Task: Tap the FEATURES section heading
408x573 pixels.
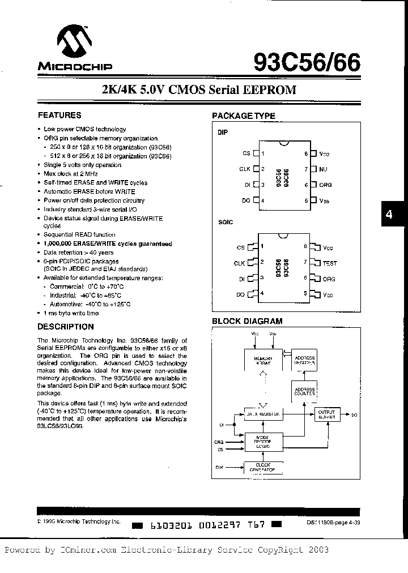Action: click(x=59, y=115)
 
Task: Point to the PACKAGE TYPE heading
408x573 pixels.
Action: click(x=243, y=116)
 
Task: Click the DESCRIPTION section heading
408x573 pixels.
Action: click(x=65, y=327)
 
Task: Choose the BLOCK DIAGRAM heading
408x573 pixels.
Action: click(x=247, y=321)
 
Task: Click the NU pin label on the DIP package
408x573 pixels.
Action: click(x=324, y=169)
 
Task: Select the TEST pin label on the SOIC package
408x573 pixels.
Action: click(x=329, y=263)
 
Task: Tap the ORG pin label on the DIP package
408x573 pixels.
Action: click(x=326, y=185)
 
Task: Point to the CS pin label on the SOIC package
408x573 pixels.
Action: click(x=241, y=247)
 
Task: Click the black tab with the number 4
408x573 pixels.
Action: click(x=389, y=215)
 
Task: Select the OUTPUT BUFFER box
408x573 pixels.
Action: click(x=327, y=414)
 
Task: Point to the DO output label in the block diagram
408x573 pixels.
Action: click(x=354, y=415)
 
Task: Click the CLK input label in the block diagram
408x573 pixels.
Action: click(x=219, y=467)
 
